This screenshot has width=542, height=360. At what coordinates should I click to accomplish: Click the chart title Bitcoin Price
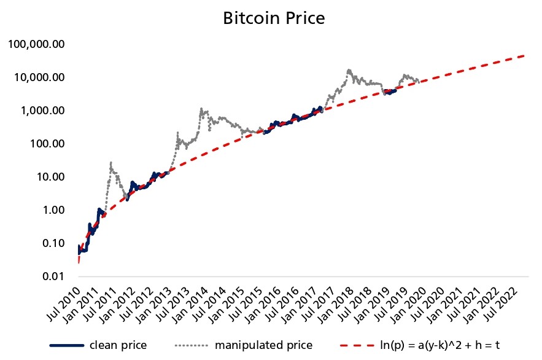click(273, 18)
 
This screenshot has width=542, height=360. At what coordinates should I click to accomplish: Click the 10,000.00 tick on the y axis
click(38, 77)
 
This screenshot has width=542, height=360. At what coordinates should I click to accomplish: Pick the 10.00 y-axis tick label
click(49, 177)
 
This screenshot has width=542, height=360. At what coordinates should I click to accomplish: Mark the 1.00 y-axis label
click(52, 210)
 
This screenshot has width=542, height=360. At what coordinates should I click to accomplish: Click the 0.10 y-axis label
click(52, 243)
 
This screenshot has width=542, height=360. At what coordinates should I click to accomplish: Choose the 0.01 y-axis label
click(52, 276)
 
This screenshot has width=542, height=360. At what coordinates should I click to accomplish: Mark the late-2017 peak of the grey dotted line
click(349, 70)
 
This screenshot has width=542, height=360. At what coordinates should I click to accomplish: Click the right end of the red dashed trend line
click(525, 56)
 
